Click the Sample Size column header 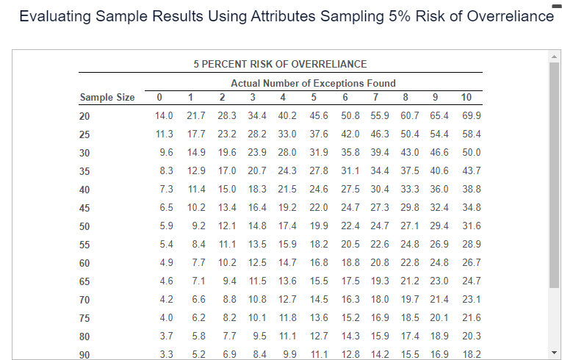(x=107, y=98)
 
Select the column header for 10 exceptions (x=466, y=97)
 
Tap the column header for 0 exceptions (x=159, y=97)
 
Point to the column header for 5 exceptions (x=314, y=97)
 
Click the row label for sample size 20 (x=84, y=116)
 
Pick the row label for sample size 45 (x=84, y=208)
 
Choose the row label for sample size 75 (x=84, y=318)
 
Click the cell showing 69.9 (x=472, y=116)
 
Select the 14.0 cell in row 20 (x=164, y=116)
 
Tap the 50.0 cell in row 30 (x=472, y=153)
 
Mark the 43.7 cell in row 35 (x=472, y=171)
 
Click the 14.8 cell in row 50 (x=257, y=226)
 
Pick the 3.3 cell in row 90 (x=166, y=355)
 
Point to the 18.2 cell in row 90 (x=472, y=355)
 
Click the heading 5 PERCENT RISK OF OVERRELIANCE (x=280, y=64)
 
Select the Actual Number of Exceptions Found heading (x=313, y=83)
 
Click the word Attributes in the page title (x=256, y=17)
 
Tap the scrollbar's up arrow (x=555, y=56)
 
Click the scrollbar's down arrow (x=555, y=352)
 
